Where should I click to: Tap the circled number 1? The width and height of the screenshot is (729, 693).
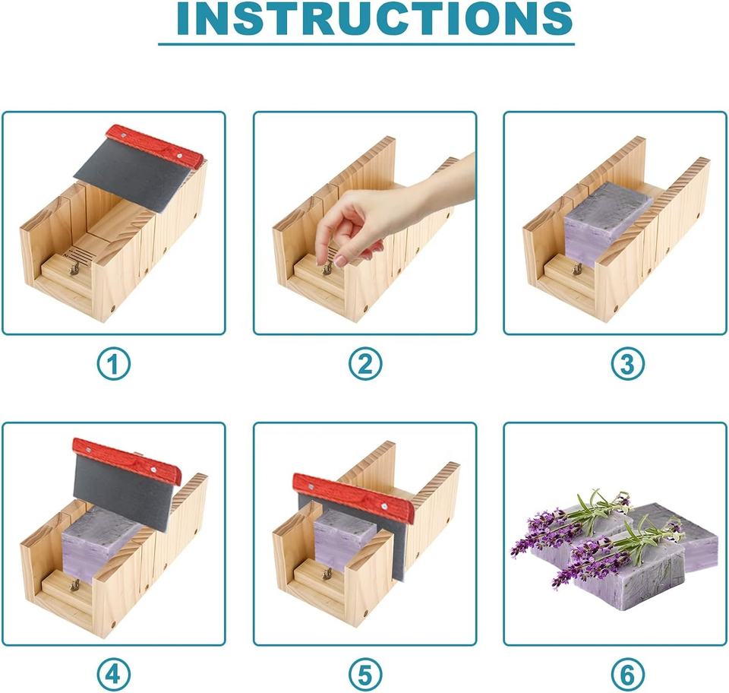[114, 364]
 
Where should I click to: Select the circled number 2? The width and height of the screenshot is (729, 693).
[365, 364]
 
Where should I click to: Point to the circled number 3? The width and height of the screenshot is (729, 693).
[627, 364]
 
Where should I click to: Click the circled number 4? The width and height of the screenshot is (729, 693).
[114, 675]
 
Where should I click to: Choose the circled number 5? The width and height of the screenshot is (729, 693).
[365, 675]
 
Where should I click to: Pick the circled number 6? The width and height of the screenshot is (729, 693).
[627, 675]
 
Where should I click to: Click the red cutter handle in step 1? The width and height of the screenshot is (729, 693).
[155, 146]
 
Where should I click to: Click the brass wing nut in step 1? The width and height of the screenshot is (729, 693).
[74, 268]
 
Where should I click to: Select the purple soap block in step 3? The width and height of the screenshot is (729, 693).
[607, 223]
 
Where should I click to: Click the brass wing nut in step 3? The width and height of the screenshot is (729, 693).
[577, 268]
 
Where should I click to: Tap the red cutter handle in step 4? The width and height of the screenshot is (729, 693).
[128, 460]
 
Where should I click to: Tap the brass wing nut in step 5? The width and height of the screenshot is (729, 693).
[327, 574]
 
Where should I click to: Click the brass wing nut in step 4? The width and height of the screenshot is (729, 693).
[74, 584]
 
